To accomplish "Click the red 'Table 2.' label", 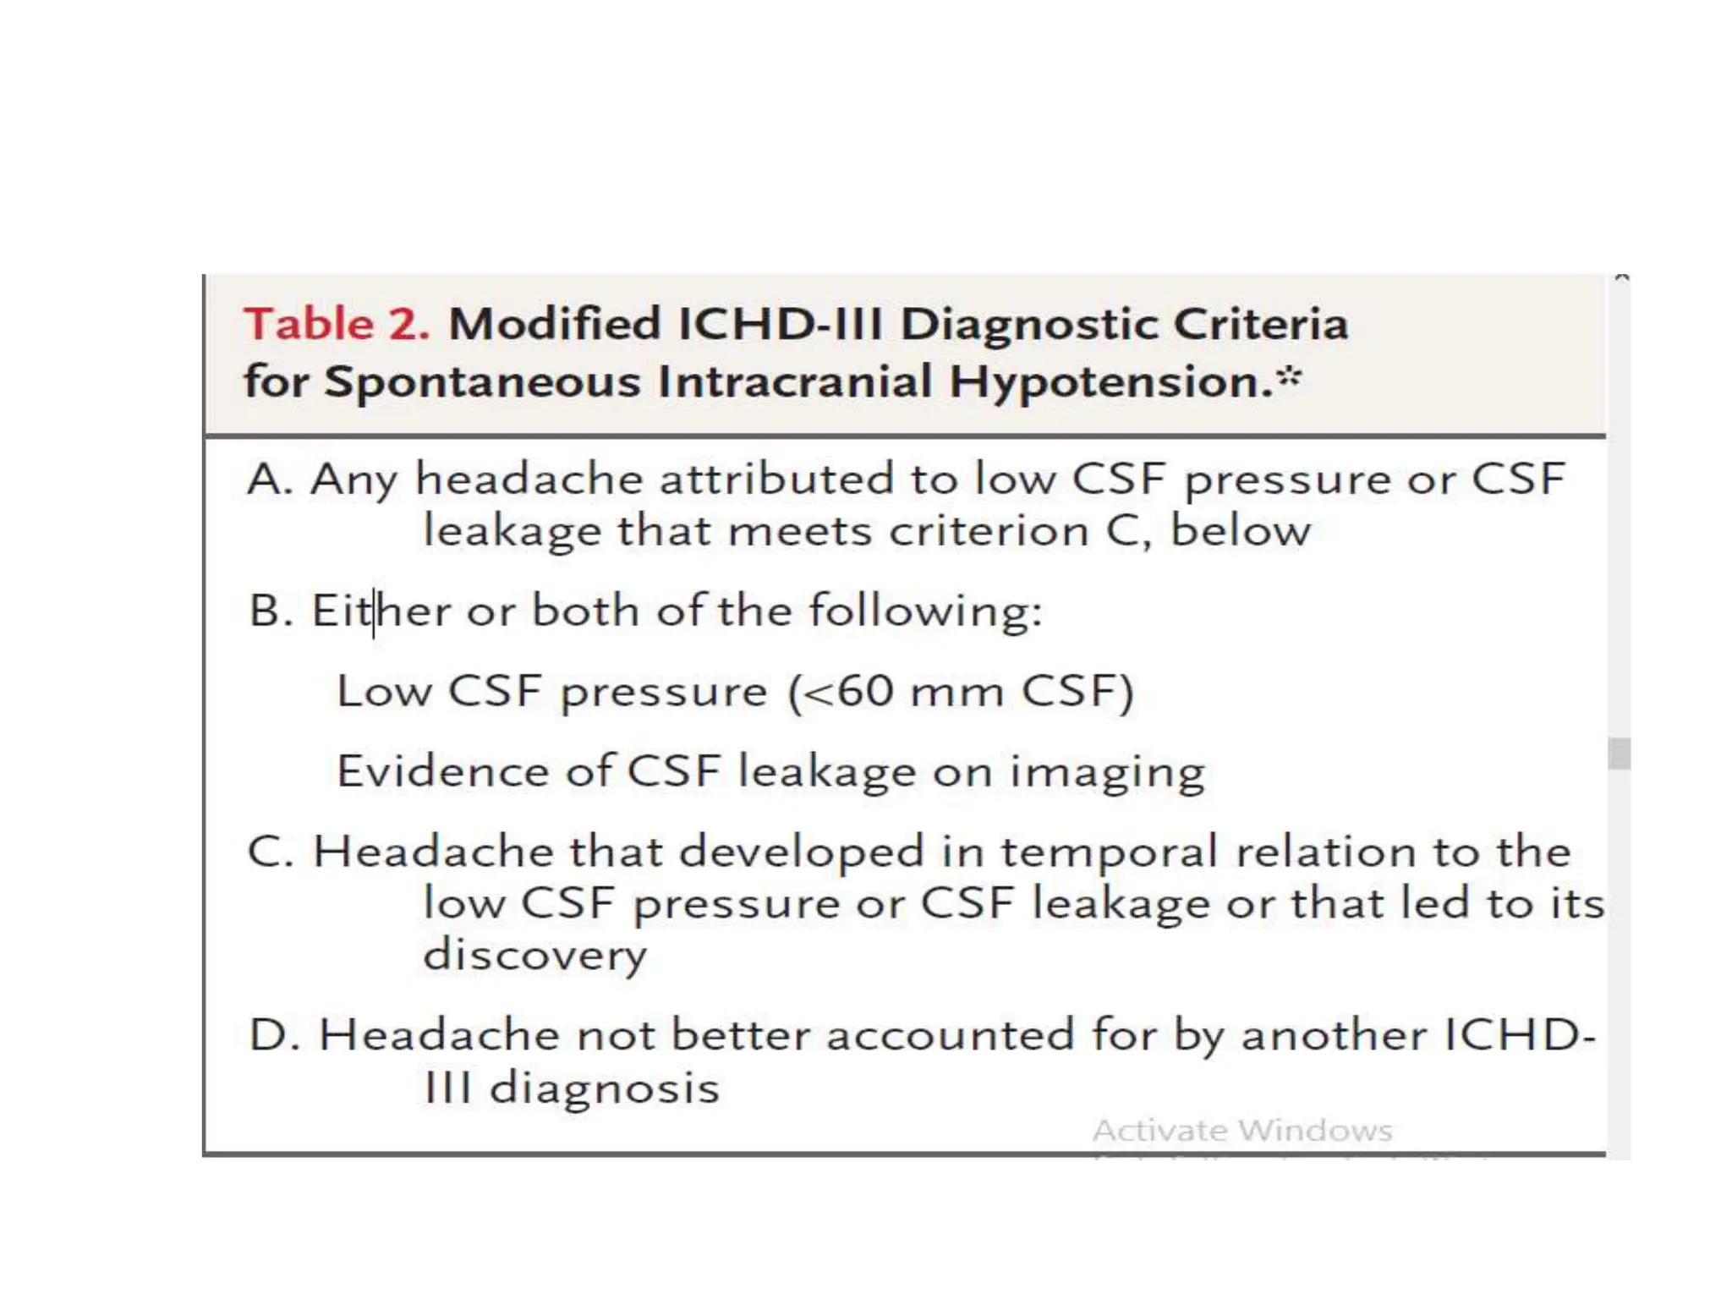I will coord(337,325).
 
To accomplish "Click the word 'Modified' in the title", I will coord(554,325).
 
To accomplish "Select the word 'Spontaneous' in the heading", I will coord(482,381).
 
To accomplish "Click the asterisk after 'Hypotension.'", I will coord(1289,377).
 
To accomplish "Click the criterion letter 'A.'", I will coord(270,480).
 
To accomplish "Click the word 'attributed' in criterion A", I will coord(776,480).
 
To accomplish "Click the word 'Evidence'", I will coord(442,771).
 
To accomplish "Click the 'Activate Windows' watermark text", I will coord(1241,1131).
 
